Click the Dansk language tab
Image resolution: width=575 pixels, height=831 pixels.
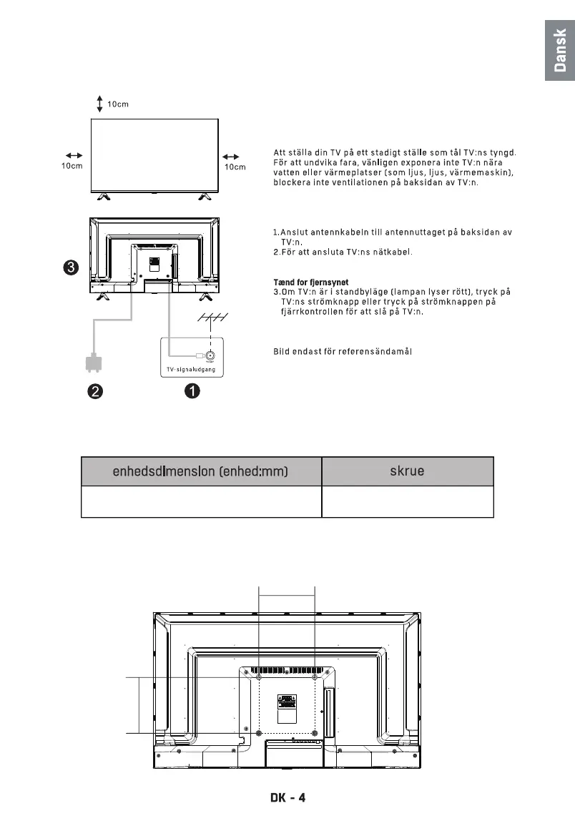click(560, 51)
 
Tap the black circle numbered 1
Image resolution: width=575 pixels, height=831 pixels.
click(192, 391)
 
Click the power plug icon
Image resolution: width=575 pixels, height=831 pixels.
click(92, 363)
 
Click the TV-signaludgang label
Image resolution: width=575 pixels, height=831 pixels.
click(187, 369)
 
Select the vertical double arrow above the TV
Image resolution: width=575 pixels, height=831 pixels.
click(99, 104)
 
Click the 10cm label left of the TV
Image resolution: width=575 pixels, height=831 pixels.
click(72, 167)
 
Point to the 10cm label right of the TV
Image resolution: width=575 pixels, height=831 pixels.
click(235, 167)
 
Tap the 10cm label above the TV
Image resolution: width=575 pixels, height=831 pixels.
click(118, 104)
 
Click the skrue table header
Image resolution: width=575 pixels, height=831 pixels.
click(408, 471)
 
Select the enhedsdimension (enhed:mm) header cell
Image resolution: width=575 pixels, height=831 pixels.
click(201, 471)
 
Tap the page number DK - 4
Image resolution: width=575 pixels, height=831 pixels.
click(287, 797)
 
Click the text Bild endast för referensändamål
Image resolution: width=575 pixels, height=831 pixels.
click(343, 351)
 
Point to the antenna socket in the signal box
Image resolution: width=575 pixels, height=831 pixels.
click(212, 355)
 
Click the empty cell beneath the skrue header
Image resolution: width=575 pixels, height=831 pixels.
click(408, 502)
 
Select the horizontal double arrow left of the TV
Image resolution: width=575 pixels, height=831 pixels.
click(74, 155)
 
